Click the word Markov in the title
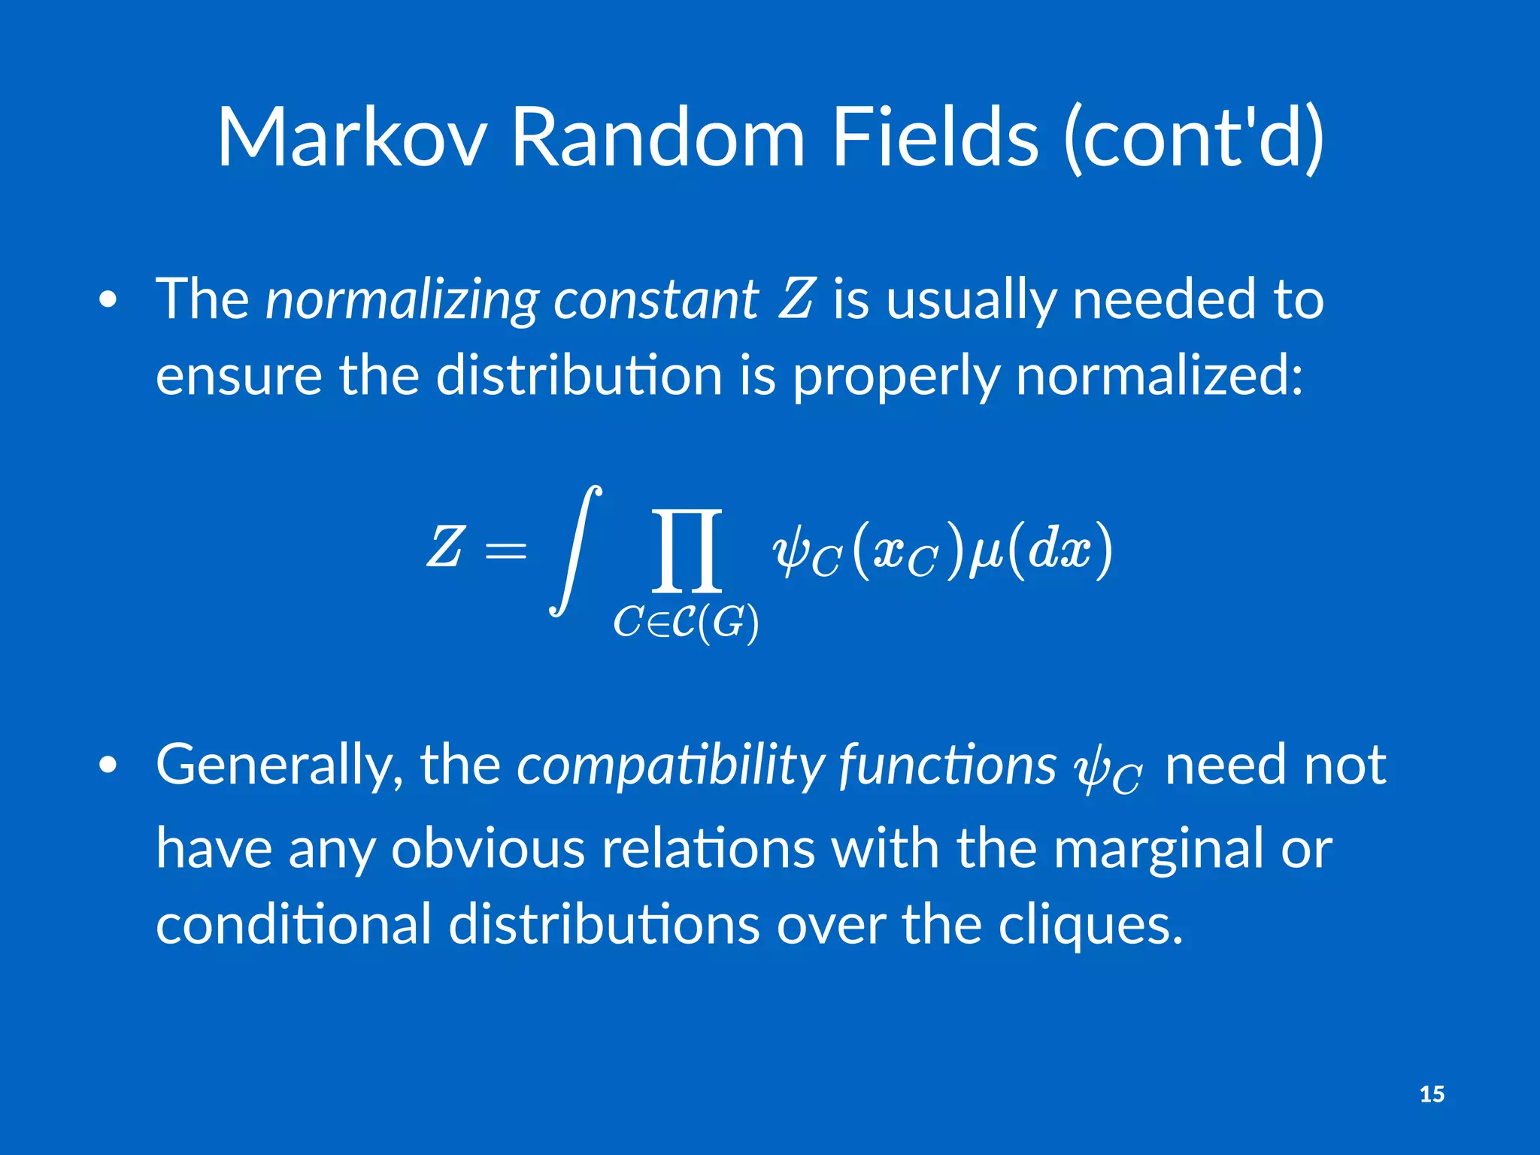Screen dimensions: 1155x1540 click(351, 138)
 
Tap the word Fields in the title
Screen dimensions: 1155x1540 click(935, 138)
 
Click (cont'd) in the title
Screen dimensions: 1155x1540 click(1193, 139)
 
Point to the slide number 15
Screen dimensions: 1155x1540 click(1432, 1094)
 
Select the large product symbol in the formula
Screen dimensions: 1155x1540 click(687, 550)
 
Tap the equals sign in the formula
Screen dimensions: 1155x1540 click(506, 551)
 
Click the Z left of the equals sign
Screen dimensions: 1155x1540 click(444, 547)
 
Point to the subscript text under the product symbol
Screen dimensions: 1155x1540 click(686, 623)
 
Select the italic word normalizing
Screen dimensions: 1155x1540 click(402, 299)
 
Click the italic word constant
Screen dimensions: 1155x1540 click(656, 299)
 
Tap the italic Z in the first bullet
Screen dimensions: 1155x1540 click(796, 298)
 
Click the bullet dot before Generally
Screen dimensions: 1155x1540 click(108, 765)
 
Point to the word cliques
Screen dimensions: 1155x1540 click(1090, 925)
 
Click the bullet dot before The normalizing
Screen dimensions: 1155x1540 click(108, 300)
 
